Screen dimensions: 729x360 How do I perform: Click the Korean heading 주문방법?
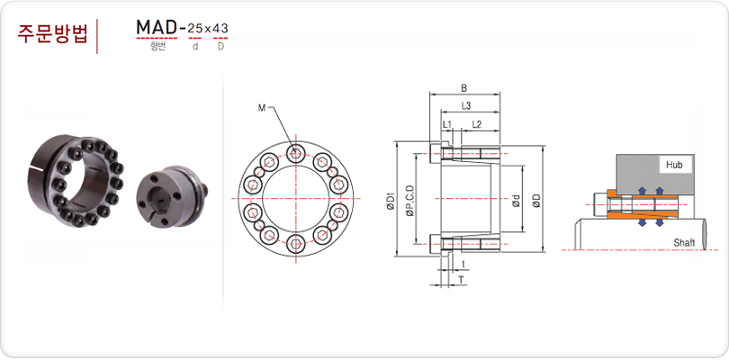[x=52, y=34]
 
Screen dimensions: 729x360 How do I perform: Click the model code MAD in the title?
[x=157, y=28]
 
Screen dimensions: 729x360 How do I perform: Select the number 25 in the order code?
[x=194, y=29]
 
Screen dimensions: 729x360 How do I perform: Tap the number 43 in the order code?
[x=220, y=29]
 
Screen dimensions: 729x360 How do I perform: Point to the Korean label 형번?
[x=157, y=47]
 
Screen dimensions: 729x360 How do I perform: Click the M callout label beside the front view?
[x=262, y=108]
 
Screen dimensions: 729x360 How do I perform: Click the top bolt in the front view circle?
[x=296, y=151]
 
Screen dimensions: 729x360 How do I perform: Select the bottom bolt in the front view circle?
[x=296, y=245]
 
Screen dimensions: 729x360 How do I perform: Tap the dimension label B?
[x=463, y=88]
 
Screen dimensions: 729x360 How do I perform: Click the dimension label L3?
[x=466, y=106]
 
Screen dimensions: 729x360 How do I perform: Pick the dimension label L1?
[x=446, y=124]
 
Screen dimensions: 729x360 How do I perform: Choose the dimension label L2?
[x=476, y=124]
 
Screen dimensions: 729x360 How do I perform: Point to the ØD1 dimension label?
[x=391, y=201]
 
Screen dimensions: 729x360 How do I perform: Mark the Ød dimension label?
[x=517, y=200]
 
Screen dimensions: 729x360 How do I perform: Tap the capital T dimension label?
[x=461, y=280]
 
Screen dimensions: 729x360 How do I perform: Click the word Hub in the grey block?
[x=674, y=165]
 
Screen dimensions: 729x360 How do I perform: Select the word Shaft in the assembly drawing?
[x=684, y=243]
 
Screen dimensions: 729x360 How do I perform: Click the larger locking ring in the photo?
[x=76, y=180]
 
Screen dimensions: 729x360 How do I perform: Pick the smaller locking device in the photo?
[x=173, y=196]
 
